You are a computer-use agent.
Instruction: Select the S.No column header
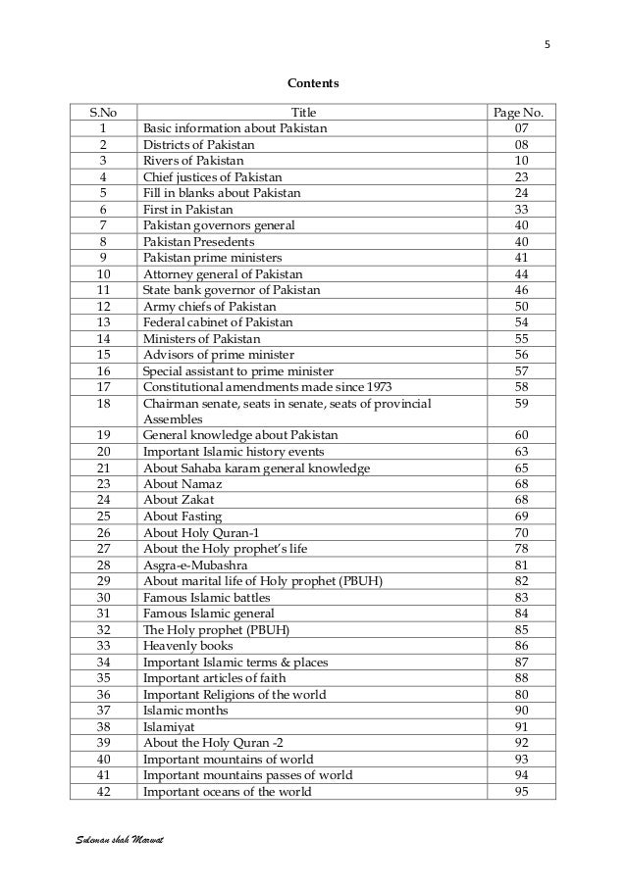102,113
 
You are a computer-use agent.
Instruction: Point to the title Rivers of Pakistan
193,161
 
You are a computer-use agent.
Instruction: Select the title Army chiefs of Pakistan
209,307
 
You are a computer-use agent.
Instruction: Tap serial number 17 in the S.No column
102,387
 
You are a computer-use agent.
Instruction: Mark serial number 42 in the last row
102,792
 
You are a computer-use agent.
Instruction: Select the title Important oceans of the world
227,792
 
